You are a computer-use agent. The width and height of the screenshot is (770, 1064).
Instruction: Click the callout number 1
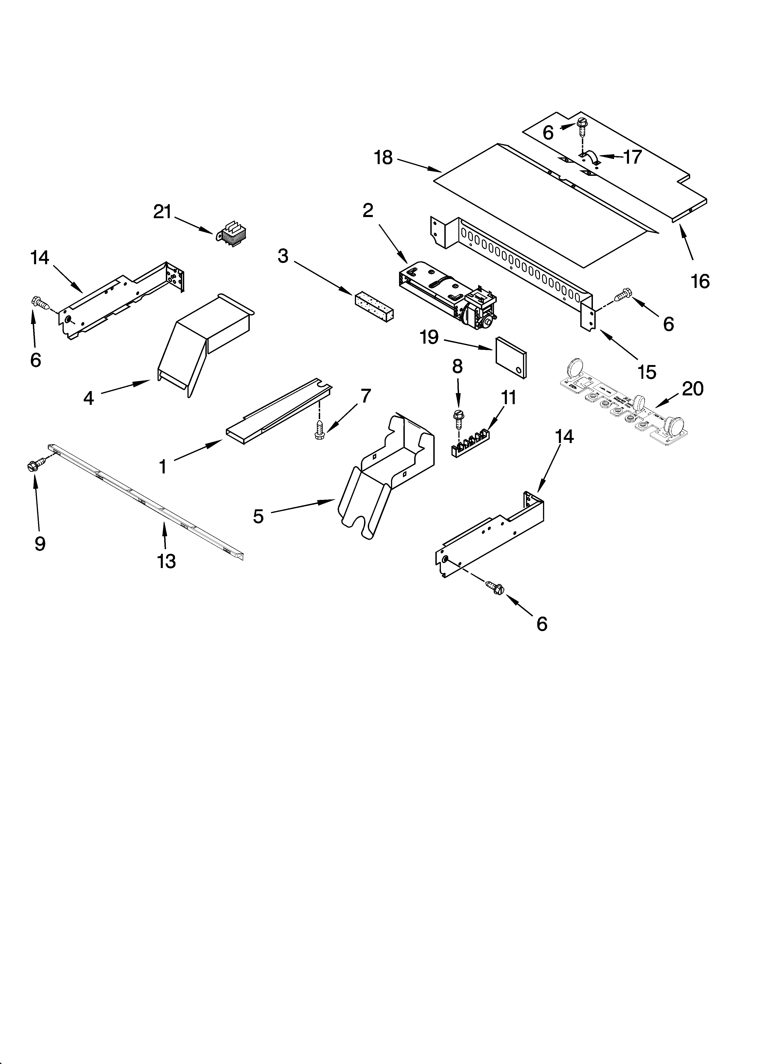[163, 467]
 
